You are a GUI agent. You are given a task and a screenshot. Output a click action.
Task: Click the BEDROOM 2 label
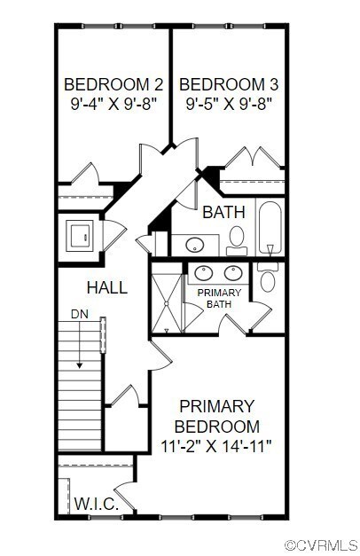tap(113, 85)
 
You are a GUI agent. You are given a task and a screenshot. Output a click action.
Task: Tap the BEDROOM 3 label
tap(230, 85)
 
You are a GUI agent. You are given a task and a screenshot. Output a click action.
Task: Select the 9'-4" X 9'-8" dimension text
tap(113, 102)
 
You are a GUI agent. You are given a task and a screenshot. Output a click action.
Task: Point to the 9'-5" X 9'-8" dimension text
tap(230, 102)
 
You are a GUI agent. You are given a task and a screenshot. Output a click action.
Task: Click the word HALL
tap(106, 287)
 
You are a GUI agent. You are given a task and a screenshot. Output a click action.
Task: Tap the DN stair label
tap(79, 315)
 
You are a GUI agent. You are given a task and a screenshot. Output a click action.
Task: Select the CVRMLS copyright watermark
tap(321, 543)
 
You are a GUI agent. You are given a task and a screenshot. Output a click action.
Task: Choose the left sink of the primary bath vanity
tap(207, 273)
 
